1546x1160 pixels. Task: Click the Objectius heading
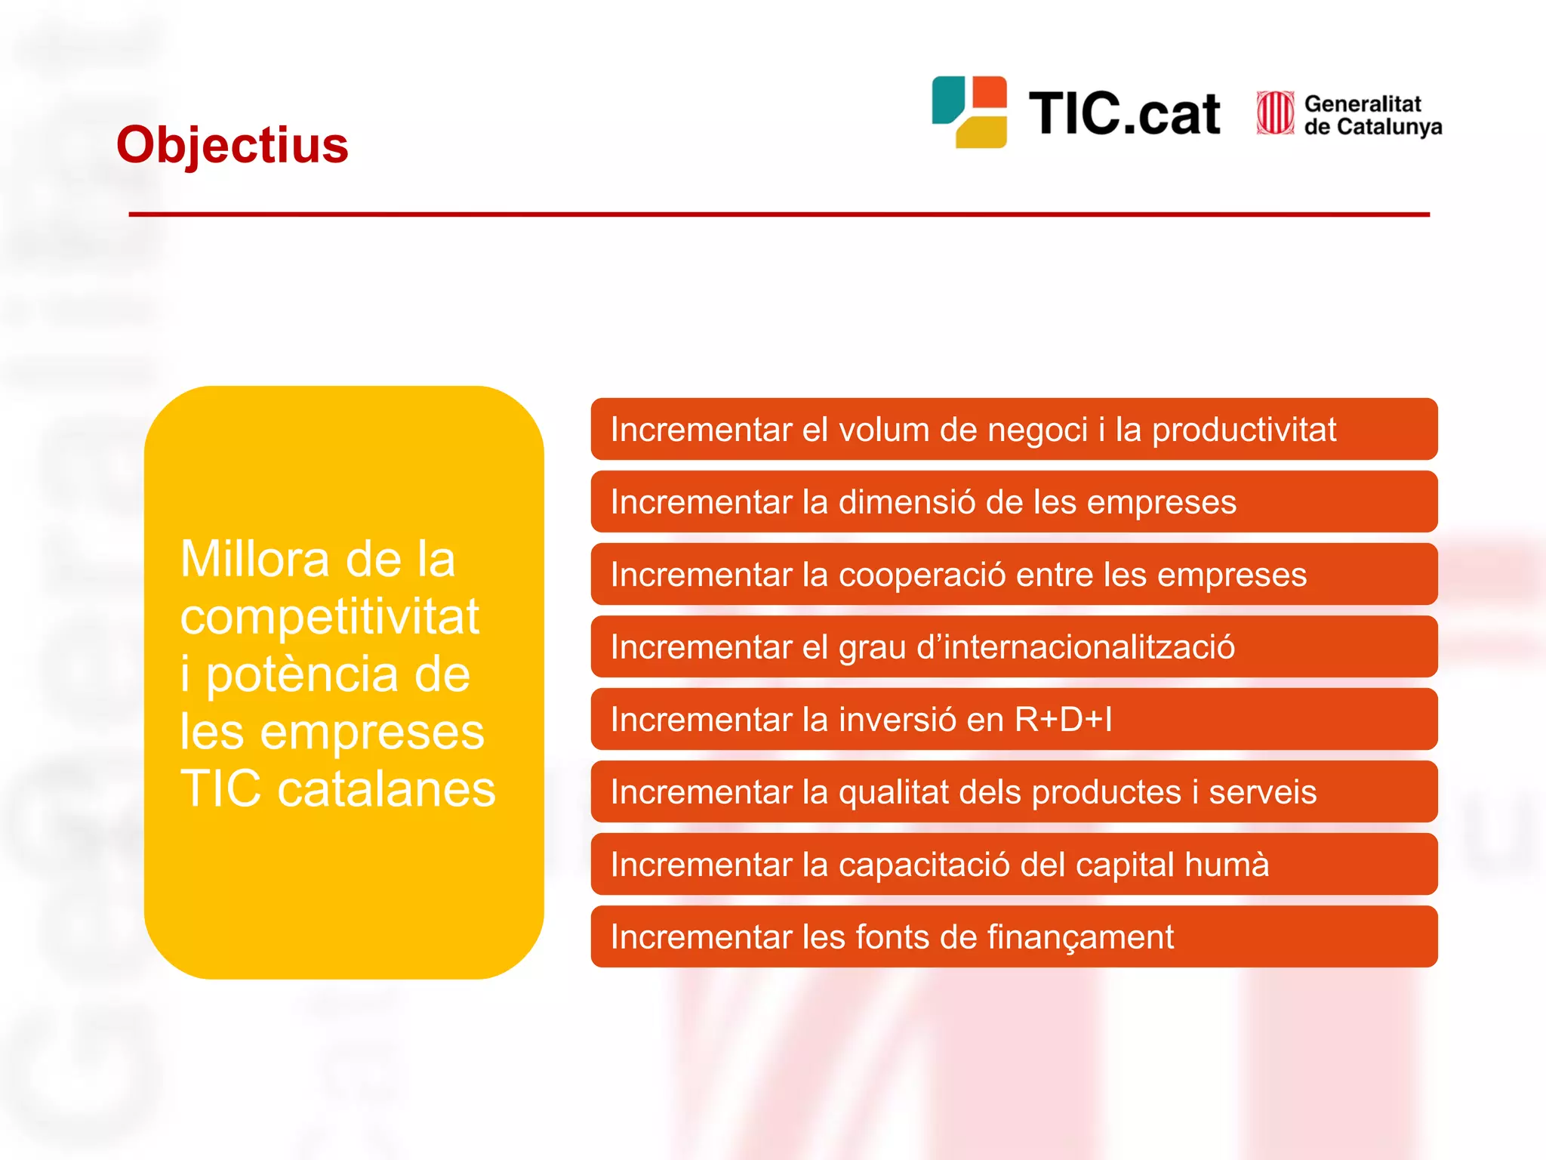click(233, 145)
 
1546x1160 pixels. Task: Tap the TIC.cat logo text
click(1124, 114)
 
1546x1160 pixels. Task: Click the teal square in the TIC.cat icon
click(947, 98)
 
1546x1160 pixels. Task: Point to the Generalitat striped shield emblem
click(1275, 113)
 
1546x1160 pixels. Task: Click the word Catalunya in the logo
click(1389, 127)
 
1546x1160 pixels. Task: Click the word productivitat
click(1243, 430)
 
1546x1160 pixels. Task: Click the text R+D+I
click(1063, 720)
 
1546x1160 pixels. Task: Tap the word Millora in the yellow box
click(255, 560)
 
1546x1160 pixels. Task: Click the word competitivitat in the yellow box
click(329, 617)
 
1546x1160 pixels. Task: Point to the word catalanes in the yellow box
click(386, 789)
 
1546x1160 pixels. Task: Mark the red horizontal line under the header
click(779, 214)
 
